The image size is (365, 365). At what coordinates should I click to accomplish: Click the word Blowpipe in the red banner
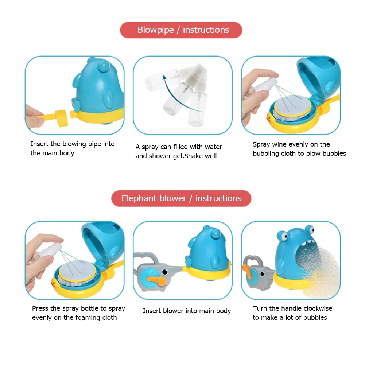[155, 30]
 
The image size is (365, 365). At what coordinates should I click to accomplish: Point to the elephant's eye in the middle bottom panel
[165, 271]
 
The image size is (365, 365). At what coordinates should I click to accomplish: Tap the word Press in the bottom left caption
[40, 308]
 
